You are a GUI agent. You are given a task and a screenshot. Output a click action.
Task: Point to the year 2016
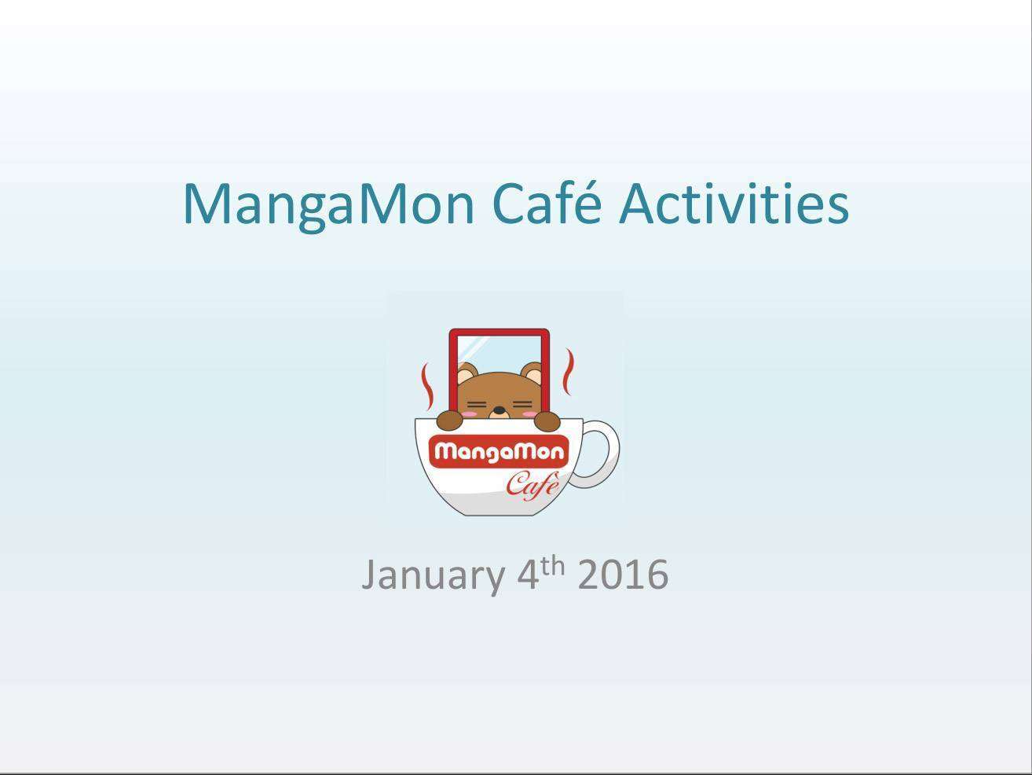click(623, 574)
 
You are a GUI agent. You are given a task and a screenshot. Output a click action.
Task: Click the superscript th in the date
click(553, 566)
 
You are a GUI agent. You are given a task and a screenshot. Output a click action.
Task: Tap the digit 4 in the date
click(528, 574)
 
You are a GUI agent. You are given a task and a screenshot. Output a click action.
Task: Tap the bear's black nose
click(499, 410)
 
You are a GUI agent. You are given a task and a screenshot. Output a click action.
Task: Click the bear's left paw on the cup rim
click(450, 421)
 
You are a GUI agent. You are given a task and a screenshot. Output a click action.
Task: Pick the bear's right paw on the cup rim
click(547, 421)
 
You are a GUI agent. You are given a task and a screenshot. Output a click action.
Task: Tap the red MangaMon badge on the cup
click(499, 452)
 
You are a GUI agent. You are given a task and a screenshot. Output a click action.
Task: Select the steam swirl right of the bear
click(569, 372)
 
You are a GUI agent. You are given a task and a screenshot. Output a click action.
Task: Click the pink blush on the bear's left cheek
click(469, 413)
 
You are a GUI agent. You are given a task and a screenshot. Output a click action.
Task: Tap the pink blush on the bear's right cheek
click(529, 414)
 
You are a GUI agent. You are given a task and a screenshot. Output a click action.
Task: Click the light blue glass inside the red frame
click(499, 351)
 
